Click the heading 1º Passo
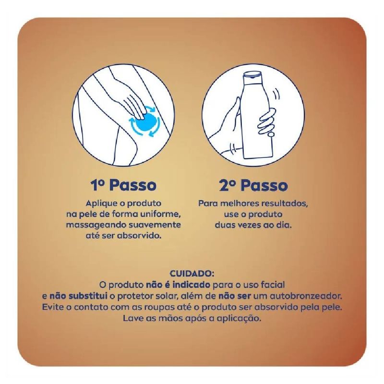(123, 185)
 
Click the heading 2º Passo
(253, 185)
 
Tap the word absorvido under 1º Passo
(139, 236)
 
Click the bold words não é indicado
(178, 285)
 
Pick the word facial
(273, 285)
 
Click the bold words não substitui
(78, 296)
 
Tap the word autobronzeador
(306, 296)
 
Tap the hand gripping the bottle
(267, 121)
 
